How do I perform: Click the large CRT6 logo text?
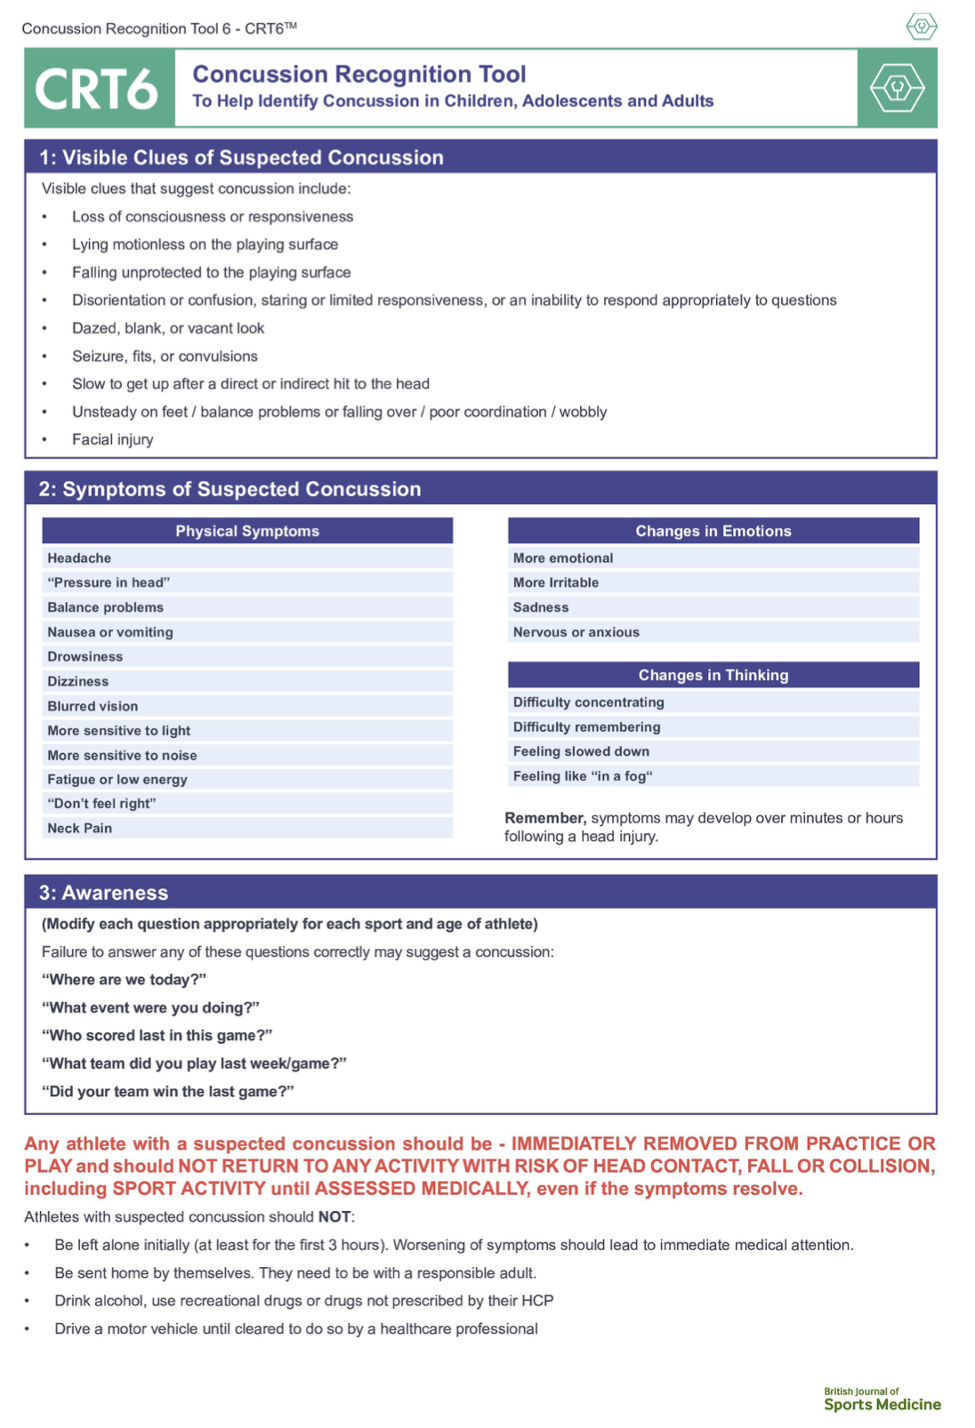coord(96,89)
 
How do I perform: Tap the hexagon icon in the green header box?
coord(897,88)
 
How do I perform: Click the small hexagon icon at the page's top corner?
coord(922,26)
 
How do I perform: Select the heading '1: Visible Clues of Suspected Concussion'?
coord(241,157)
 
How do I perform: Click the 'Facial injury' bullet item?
coord(112,439)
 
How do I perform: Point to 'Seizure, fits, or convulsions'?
coord(165,356)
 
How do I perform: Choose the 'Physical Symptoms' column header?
coord(247,531)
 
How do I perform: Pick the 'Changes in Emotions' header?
coord(713,531)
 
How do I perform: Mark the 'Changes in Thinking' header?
coord(713,675)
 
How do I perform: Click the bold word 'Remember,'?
coord(545,818)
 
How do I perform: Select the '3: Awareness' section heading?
coord(103,893)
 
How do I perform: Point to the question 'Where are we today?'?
coord(124,980)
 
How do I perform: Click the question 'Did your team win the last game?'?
coord(167,1091)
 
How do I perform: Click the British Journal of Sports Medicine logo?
coord(882,1400)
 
